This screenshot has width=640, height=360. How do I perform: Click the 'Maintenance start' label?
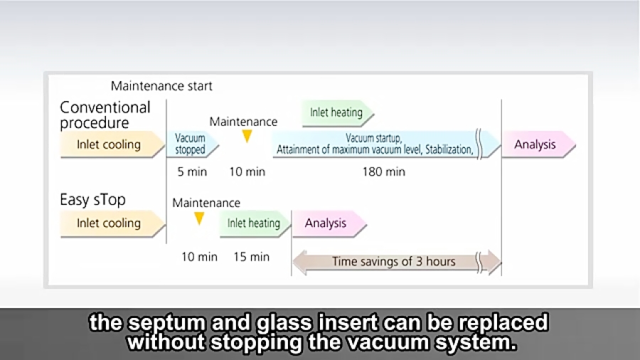coord(161,86)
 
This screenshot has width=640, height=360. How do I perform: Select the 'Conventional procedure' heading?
coord(105,115)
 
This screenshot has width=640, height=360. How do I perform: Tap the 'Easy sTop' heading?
coord(92,200)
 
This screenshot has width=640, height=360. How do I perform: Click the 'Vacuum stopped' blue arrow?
coord(192,144)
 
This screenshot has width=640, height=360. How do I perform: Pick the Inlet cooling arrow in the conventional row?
coord(112,144)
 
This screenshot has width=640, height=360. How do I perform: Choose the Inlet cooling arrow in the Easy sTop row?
coord(112,223)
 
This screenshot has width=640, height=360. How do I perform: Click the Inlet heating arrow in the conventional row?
coord(338,112)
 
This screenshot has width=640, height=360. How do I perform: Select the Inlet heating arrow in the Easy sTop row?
coord(255,223)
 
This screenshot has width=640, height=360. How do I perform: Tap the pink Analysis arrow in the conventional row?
coord(539,144)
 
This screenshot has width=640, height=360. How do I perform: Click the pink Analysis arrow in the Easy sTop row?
coord(329,223)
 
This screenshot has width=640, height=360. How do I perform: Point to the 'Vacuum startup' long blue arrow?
coord(386,144)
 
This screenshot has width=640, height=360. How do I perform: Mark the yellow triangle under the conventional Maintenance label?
coord(247,136)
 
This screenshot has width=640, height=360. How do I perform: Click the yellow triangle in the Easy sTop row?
coord(199,218)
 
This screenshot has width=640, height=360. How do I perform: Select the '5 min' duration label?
coord(192,172)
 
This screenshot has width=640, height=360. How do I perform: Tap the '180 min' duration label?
coord(384,172)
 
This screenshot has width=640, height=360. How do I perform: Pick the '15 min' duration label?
coord(252,257)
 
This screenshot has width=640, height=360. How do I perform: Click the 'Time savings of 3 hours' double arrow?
coord(397,262)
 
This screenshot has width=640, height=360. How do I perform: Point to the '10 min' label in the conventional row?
coord(247,172)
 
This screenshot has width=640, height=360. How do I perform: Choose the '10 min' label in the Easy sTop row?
coord(199,257)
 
